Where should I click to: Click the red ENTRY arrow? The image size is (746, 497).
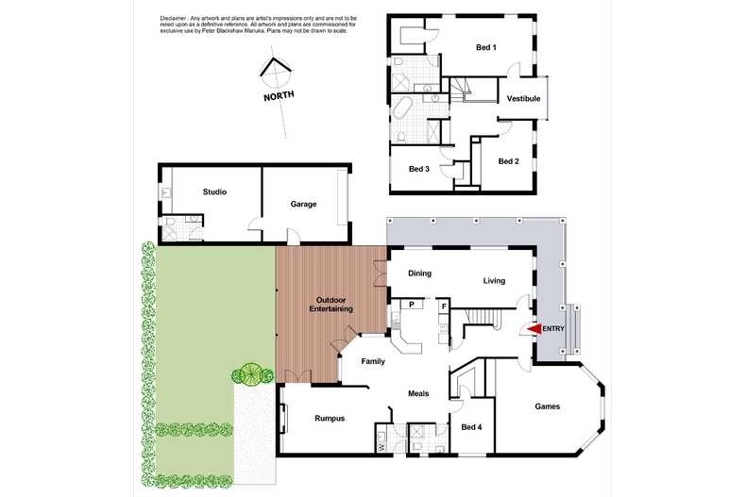click(533, 328)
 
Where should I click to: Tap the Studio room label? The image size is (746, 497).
click(214, 192)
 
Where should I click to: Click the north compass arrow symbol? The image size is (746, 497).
click(275, 70)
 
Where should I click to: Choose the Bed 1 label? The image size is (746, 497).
click(486, 47)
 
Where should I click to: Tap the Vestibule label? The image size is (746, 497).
click(523, 98)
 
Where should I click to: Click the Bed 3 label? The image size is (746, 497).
click(419, 169)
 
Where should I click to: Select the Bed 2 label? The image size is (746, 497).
click(509, 161)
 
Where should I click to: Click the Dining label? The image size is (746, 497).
click(419, 273)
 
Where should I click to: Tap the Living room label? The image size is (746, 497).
click(494, 280)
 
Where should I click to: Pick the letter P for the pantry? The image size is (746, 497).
click(412, 305)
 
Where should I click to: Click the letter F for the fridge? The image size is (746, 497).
click(443, 305)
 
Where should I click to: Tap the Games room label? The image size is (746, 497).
click(547, 406)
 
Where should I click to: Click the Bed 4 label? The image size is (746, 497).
click(471, 427)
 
